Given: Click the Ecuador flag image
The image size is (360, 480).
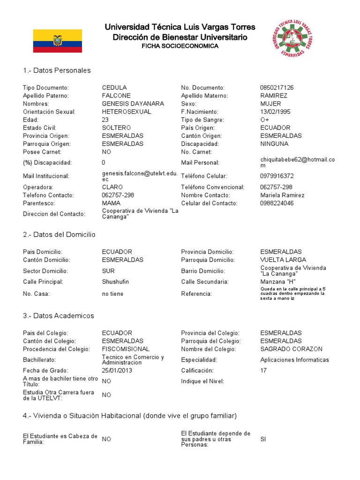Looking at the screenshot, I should coord(57,41).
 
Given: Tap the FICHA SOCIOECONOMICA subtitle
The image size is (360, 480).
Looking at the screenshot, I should coord(180,46).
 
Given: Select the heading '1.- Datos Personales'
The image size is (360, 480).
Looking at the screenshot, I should coord(57,70).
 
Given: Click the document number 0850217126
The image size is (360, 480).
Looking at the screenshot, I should coord(277,88).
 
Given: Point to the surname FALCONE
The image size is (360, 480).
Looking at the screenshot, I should coord(116,96).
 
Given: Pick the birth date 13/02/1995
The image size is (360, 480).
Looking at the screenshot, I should coord(275,112).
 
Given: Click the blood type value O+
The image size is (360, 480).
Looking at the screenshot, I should coord(265,120).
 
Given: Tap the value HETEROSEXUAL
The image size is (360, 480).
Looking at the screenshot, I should coord(127,112).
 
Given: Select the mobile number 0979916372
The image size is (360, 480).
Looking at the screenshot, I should coord(277,176).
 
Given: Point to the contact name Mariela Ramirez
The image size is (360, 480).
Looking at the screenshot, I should coord(282,195).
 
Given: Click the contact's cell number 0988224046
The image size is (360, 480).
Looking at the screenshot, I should coord(277,203).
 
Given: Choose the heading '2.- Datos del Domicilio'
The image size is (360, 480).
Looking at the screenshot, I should coord(59,234).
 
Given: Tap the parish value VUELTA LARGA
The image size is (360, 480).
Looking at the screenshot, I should coord(283,260).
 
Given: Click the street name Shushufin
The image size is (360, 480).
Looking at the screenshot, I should coord(115,282).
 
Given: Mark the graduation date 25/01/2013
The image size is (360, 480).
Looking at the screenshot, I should coord(117,370).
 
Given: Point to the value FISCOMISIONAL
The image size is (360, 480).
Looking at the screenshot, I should coord(126,349).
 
